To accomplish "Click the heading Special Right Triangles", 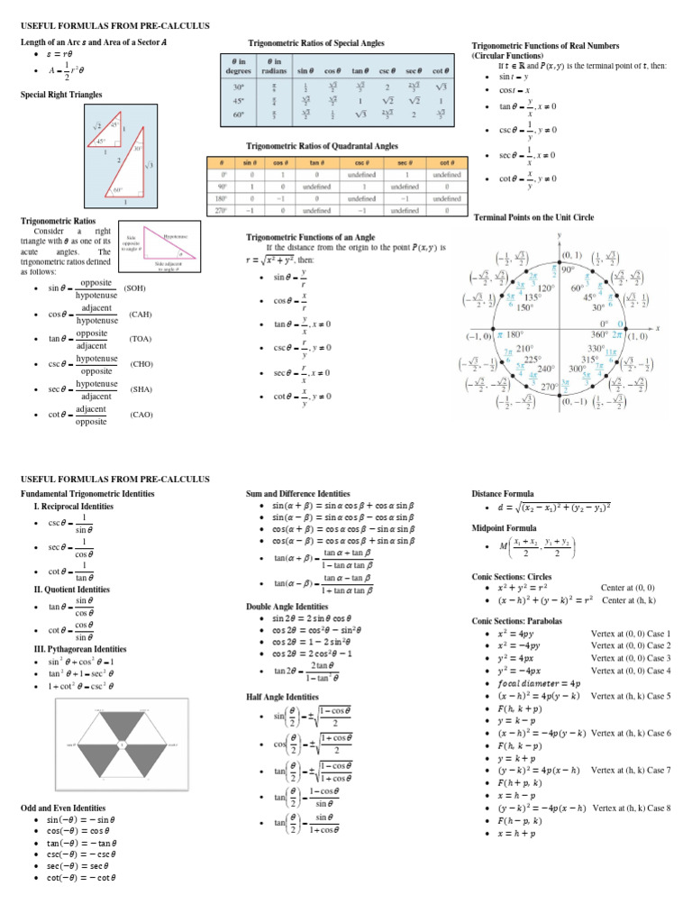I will pos(61,94).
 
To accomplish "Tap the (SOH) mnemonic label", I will pos(138,288).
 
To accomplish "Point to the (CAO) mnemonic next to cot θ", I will pos(141,415).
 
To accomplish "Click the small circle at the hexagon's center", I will pos(122,744).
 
